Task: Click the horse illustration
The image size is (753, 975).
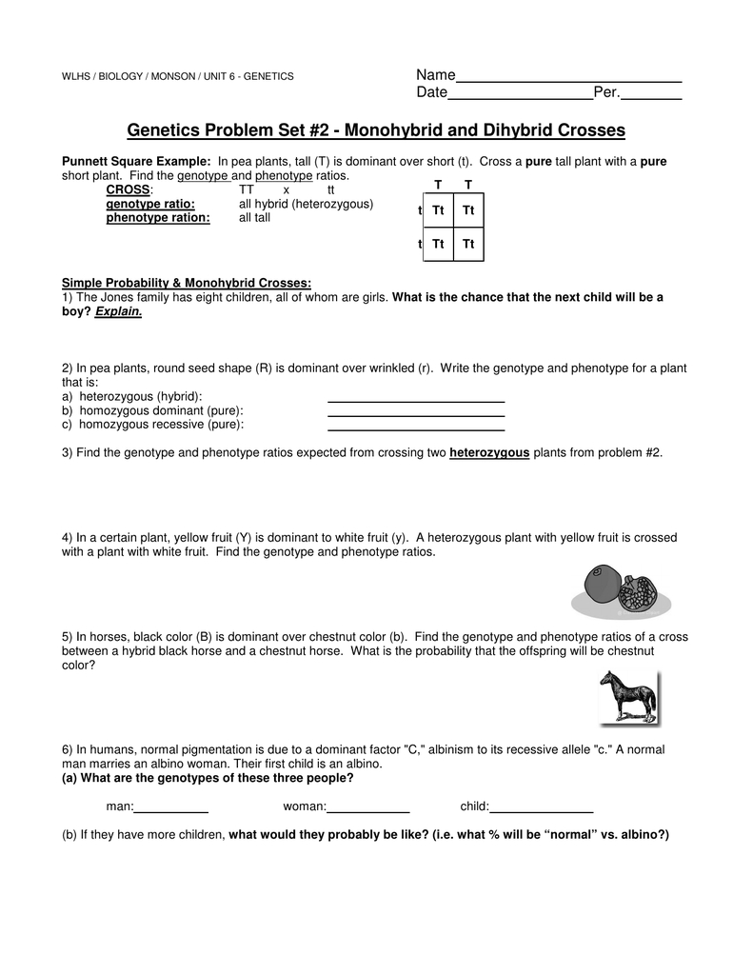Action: click(x=628, y=697)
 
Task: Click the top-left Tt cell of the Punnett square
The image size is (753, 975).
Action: click(x=438, y=209)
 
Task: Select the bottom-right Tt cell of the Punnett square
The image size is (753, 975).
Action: click(x=468, y=245)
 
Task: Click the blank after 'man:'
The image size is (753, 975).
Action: click(x=171, y=809)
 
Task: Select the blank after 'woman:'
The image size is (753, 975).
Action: click(x=368, y=809)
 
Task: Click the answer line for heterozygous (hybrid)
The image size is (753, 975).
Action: click(x=416, y=400)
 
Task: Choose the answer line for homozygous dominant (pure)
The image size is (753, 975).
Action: click(x=416, y=414)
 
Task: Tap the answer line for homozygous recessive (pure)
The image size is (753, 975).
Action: click(x=416, y=428)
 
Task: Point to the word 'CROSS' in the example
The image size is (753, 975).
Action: click(x=128, y=190)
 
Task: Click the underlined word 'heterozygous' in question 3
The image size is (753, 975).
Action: click(x=489, y=453)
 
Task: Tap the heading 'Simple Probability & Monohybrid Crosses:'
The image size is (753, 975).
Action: click(x=187, y=283)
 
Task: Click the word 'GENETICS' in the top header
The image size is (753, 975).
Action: click(x=268, y=76)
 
